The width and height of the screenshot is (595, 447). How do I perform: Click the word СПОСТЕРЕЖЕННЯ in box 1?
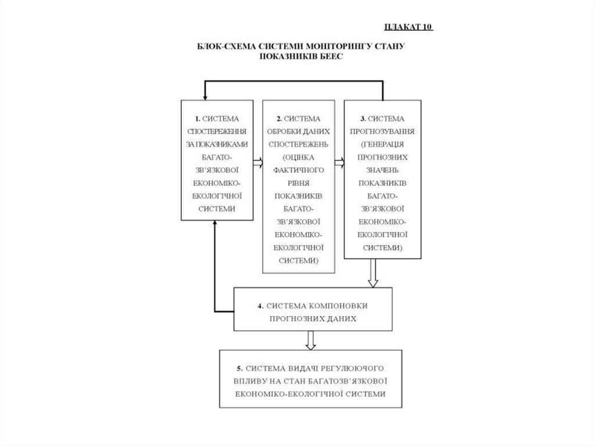tap(217, 131)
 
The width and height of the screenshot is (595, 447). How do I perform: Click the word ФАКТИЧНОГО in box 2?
tap(299, 170)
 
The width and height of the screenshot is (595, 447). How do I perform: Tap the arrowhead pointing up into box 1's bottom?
tap(216, 226)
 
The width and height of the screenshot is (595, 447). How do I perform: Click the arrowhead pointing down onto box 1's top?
tap(204, 96)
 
